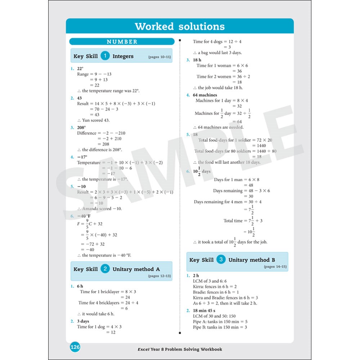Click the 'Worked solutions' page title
pos(180,26)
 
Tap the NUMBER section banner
pos(122,42)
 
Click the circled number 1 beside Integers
pos(105,56)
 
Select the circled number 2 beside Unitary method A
pos(105,269)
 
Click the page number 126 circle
pos(75,347)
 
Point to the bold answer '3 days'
pos(83,321)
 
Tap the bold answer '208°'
pos(81,127)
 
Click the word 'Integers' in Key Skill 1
pos(123,56)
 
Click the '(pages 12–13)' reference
pos(159,276)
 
